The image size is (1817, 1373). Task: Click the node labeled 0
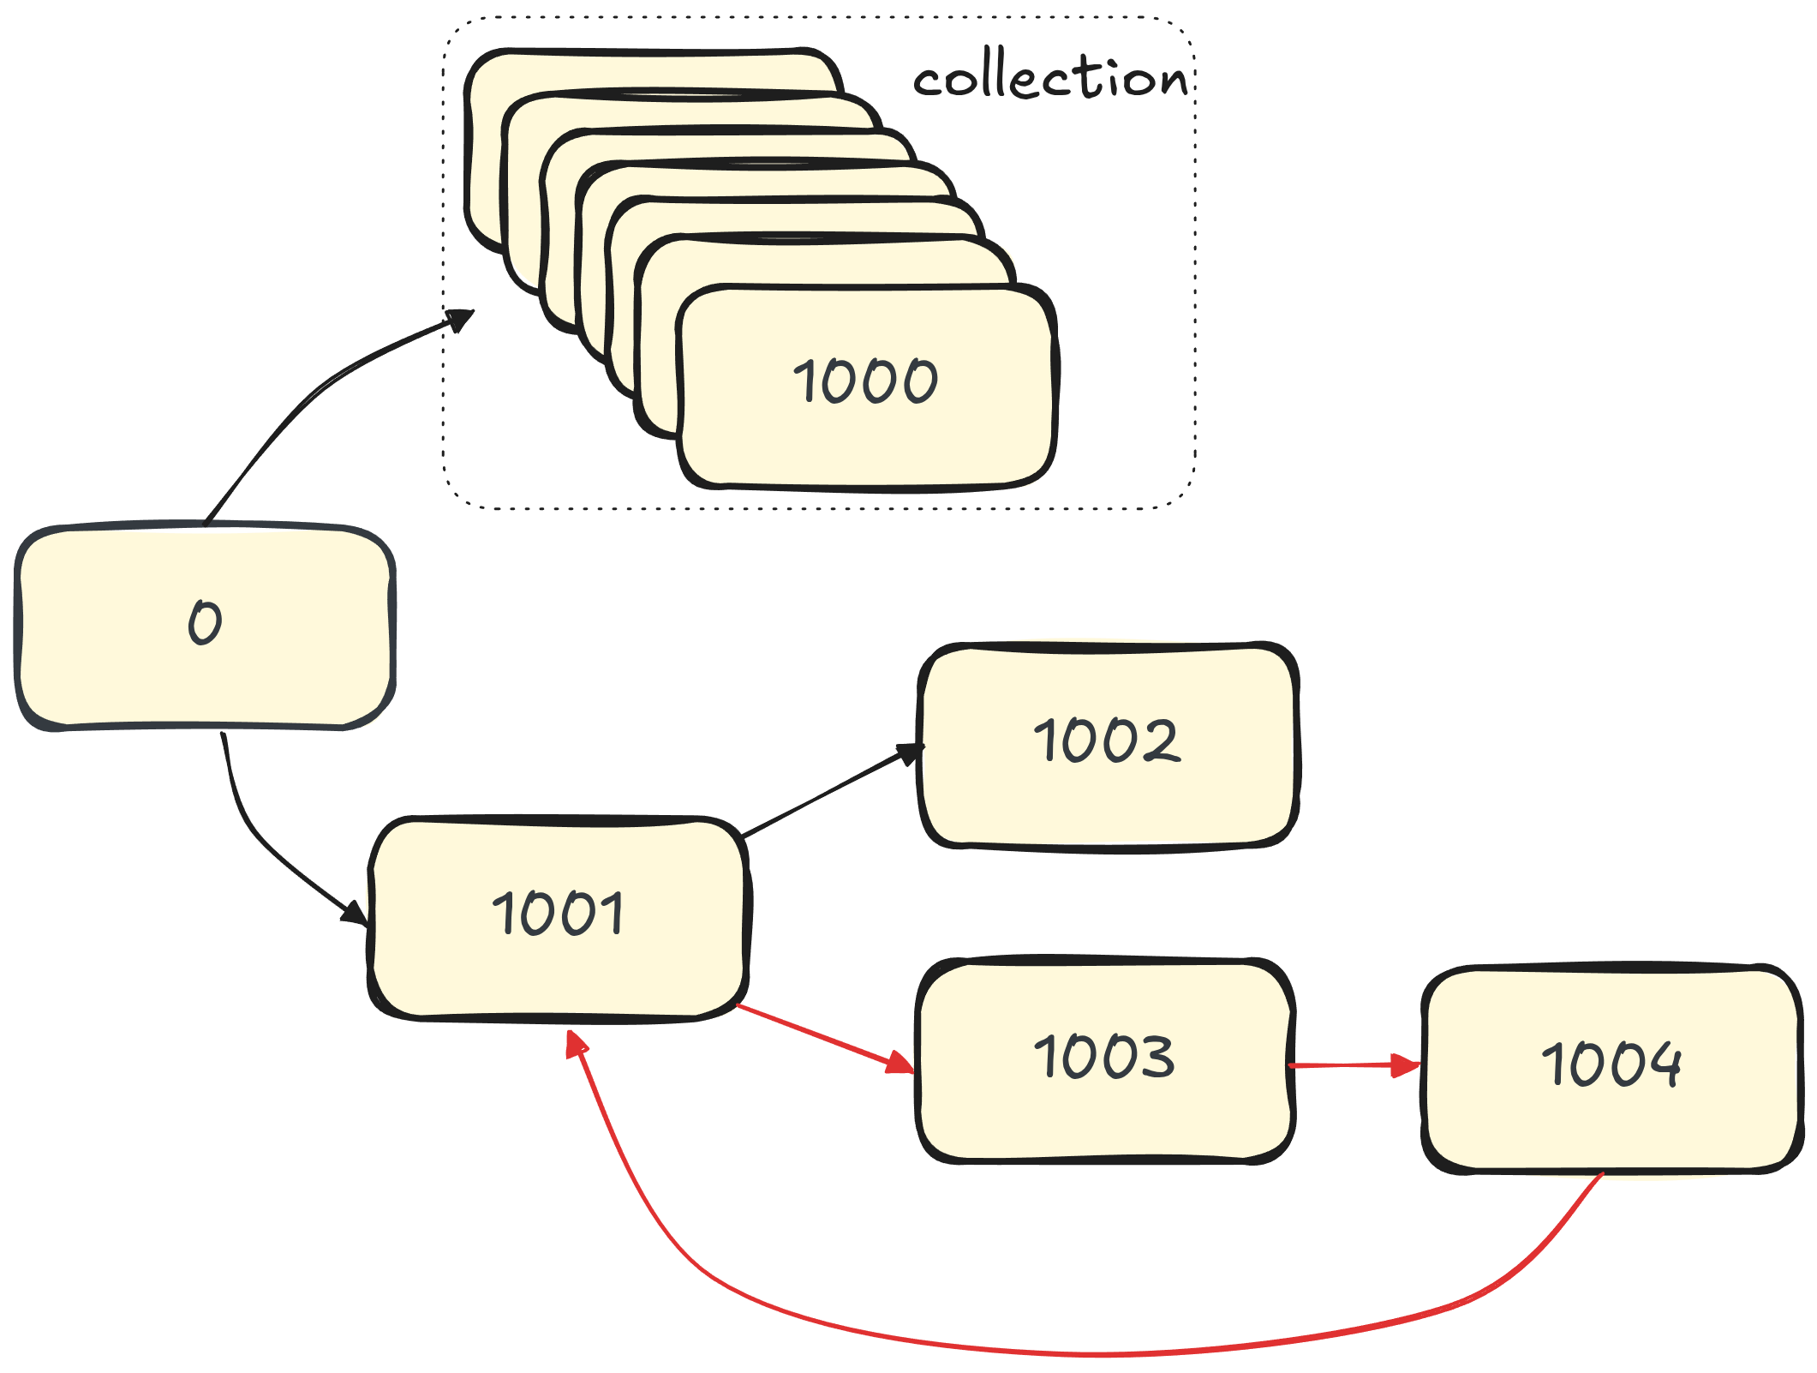coord(204,626)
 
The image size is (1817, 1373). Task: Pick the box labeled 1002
coord(1108,742)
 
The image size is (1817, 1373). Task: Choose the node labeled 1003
coord(1104,1058)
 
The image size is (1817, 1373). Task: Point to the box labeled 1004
coord(1611,1067)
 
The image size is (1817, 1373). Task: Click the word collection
coord(1050,79)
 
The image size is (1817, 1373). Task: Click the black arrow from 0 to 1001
coord(257,840)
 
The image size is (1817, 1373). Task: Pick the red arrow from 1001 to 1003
coord(822,1038)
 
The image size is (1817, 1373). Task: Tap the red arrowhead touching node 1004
coord(1405,1065)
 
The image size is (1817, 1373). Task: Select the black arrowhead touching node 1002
coord(908,753)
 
